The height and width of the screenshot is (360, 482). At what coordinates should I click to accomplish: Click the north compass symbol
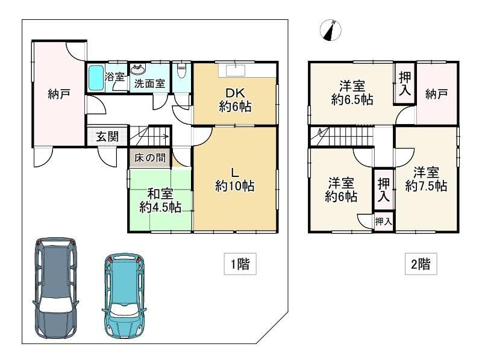point(330,30)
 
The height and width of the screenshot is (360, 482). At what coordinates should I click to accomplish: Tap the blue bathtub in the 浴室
point(96,78)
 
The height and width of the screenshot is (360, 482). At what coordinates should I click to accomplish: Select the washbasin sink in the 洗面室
point(137,70)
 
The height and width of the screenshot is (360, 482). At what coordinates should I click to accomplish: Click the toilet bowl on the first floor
point(182,71)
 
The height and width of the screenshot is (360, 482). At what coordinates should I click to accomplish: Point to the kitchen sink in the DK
point(236,70)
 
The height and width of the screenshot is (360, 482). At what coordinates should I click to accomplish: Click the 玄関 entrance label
point(107,137)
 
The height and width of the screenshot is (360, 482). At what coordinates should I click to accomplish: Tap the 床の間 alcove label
point(149,158)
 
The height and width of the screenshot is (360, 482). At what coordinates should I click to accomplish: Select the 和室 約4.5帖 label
point(160,200)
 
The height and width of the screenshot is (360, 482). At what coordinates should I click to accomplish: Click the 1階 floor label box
point(240,264)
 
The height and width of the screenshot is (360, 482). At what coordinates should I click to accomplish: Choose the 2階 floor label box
point(421,264)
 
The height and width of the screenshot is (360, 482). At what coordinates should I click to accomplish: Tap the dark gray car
point(55,288)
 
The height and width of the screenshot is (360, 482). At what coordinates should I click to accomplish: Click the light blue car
point(125,295)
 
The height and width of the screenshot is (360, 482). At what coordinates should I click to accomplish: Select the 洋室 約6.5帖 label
point(352,93)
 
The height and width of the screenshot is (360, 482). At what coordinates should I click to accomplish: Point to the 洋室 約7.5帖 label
point(426,179)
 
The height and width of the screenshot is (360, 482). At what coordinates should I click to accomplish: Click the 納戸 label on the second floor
point(436,94)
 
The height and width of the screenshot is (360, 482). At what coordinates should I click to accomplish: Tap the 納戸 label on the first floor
point(59,94)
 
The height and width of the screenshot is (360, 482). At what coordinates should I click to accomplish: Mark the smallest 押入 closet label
point(383,221)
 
